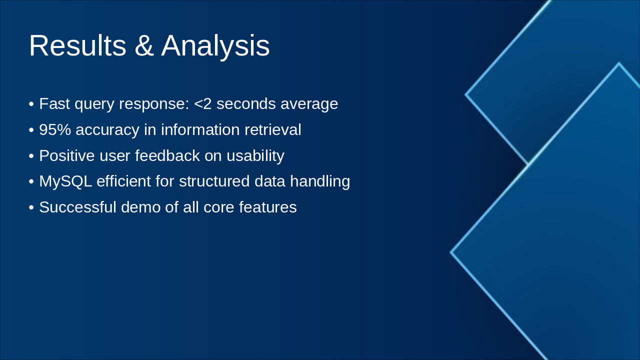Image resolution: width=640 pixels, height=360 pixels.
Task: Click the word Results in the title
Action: pyautogui.click(x=77, y=46)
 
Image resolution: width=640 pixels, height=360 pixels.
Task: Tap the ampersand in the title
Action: pyautogui.click(x=144, y=46)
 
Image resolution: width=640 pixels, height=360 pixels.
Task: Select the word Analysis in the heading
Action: pyautogui.click(x=215, y=46)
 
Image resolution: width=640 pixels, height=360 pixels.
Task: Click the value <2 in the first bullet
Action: pyautogui.click(x=203, y=104)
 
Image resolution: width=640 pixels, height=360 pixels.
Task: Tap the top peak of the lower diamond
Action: pyautogui.click(x=618, y=64)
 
